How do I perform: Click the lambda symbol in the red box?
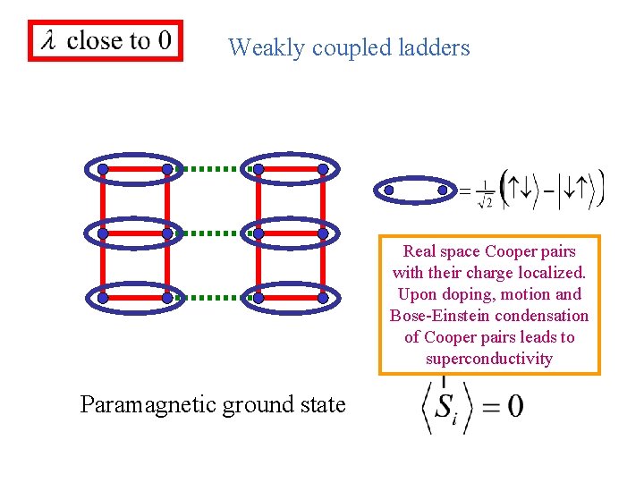(47, 40)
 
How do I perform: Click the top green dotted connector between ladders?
(212, 168)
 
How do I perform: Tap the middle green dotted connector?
(212, 233)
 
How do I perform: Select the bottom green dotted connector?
(212, 297)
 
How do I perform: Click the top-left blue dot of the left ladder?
(103, 169)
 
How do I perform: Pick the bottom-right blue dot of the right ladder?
(323, 298)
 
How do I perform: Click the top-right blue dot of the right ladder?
(323, 169)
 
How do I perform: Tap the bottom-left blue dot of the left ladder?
(103, 298)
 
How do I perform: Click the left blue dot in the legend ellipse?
(389, 190)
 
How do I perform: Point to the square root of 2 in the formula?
(485, 202)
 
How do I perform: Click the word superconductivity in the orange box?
(489, 359)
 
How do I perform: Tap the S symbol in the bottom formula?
(445, 407)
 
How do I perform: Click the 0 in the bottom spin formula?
(515, 406)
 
